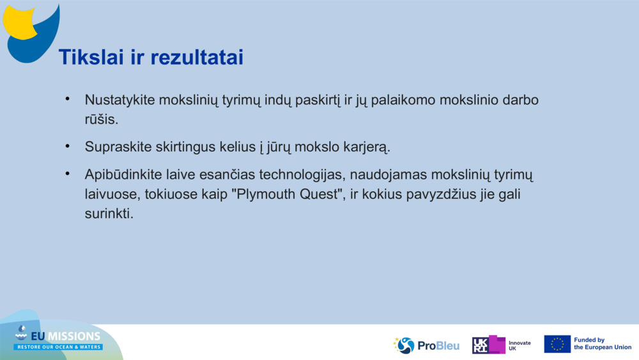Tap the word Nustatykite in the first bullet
coord(119,101)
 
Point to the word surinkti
coord(108,214)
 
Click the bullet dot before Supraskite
coord(66,146)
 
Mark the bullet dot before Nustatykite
coord(66,100)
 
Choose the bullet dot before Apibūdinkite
coord(66,174)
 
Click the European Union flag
coord(557,344)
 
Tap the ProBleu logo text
coord(438,345)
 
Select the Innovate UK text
coord(519,345)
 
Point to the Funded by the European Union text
coord(602,344)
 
